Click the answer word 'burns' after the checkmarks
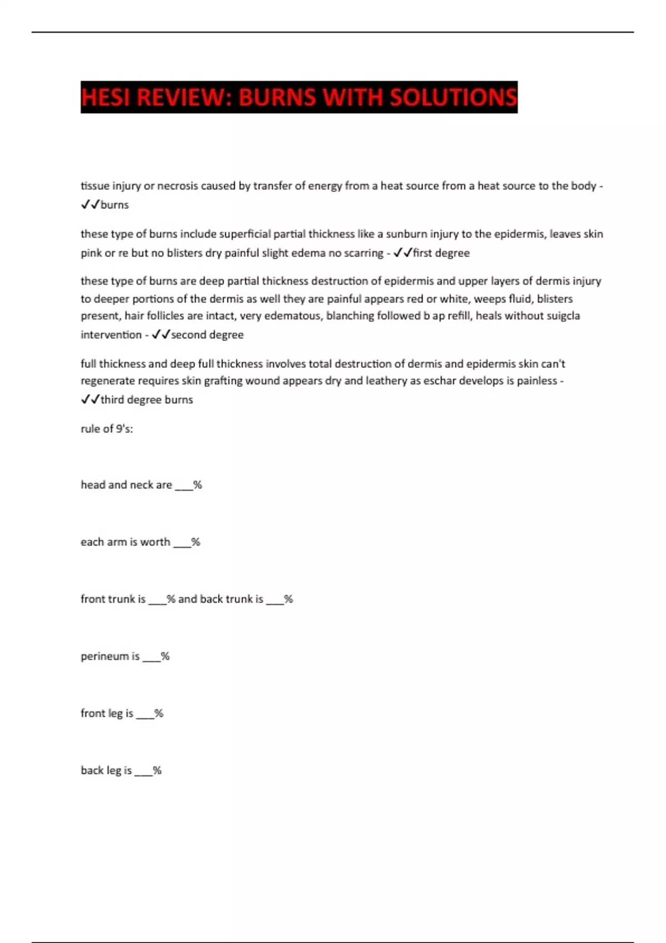pyautogui.click(x=115, y=205)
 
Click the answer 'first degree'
pyautogui.click(x=441, y=253)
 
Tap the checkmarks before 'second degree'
pyautogui.click(x=160, y=334)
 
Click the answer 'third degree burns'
pyautogui.click(x=147, y=399)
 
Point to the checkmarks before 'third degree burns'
pyautogui.click(x=90, y=399)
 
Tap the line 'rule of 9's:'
pyautogui.click(x=107, y=429)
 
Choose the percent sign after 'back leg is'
pyautogui.click(x=157, y=770)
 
